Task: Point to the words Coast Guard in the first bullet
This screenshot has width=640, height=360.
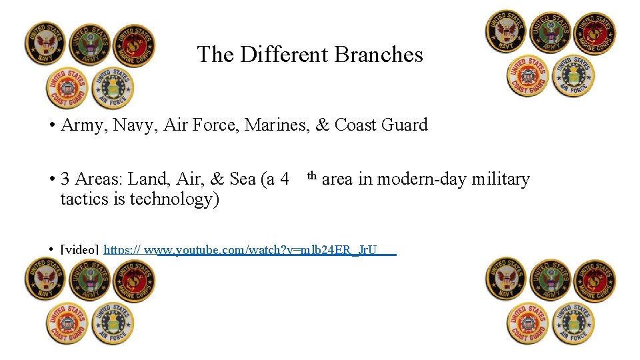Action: point(381,125)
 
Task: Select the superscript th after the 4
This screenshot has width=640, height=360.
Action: point(312,176)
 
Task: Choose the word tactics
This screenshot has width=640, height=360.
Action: point(85,199)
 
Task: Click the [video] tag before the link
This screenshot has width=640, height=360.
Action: point(80,250)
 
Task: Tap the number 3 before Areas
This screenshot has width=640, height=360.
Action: point(65,179)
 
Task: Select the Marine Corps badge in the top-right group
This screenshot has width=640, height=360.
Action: point(595,33)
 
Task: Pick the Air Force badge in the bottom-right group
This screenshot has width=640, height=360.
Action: point(573,323)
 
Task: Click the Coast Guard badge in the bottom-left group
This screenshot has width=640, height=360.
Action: point(67,323)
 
